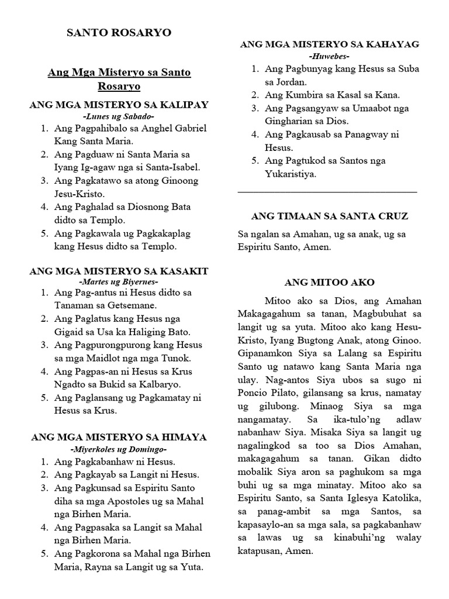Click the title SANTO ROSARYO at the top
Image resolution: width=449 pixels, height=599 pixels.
(119, 33)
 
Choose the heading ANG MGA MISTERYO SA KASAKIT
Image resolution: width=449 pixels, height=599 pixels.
(119, 271)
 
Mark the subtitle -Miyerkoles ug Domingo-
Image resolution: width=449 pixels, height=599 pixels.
(119, 449)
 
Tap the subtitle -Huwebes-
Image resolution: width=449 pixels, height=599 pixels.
(330, 56)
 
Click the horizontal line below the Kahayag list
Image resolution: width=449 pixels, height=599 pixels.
(327, 191)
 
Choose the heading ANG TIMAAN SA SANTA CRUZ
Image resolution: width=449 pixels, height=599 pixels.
(330, 216)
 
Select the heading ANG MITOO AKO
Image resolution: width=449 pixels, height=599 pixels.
(330, 281)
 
